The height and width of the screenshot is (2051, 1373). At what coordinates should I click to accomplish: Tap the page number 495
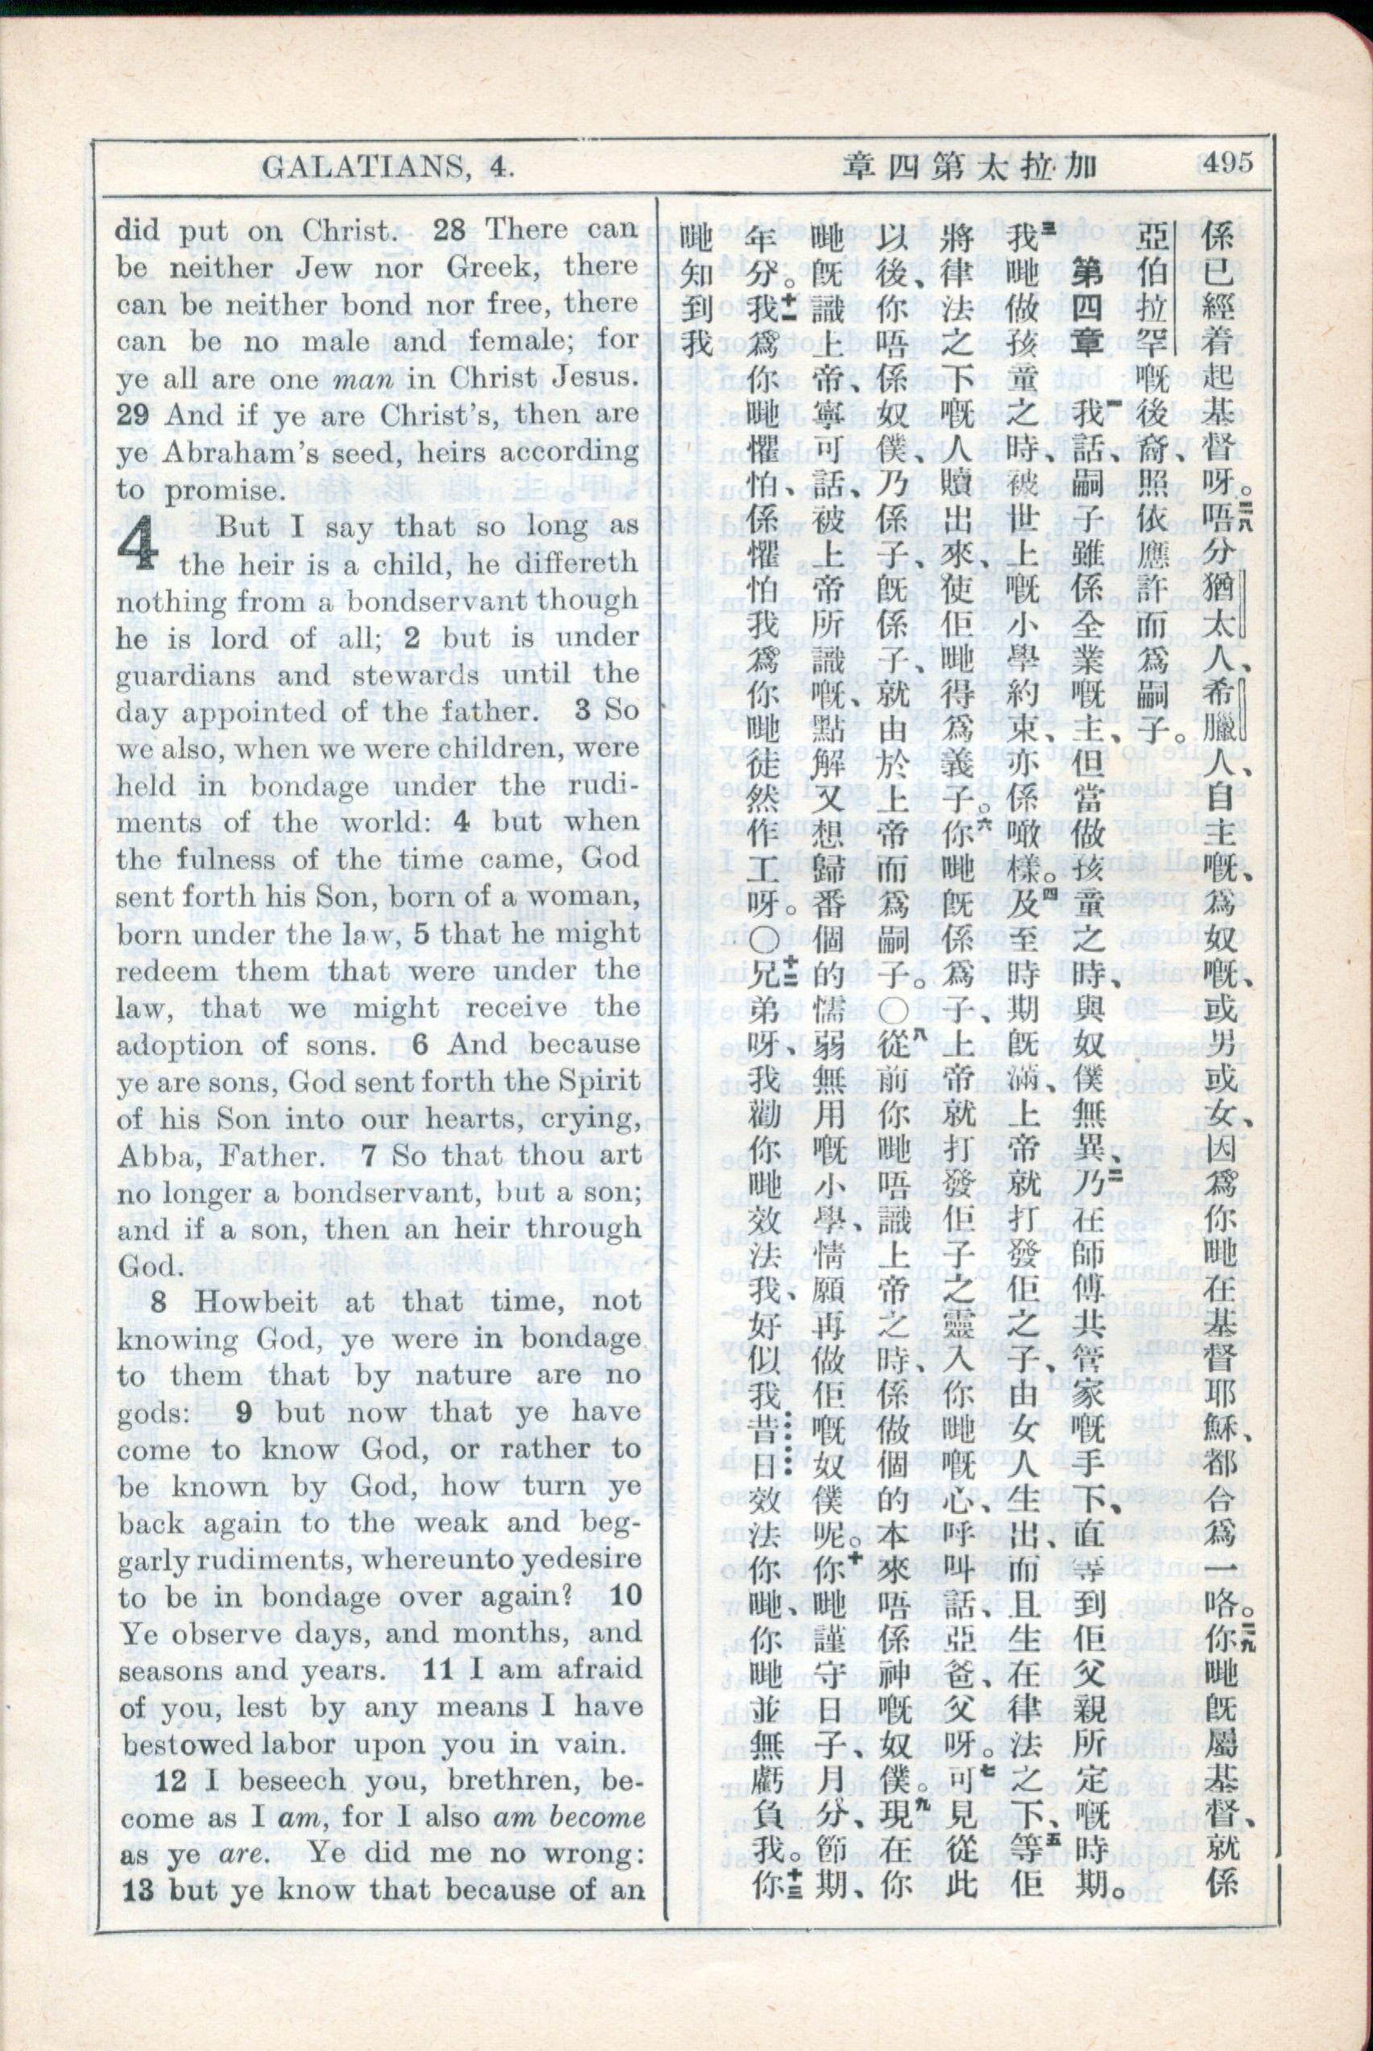point(1227,163)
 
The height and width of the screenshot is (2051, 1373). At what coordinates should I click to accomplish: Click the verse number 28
point(450,230)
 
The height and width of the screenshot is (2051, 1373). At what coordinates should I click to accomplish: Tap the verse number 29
point(133,415)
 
